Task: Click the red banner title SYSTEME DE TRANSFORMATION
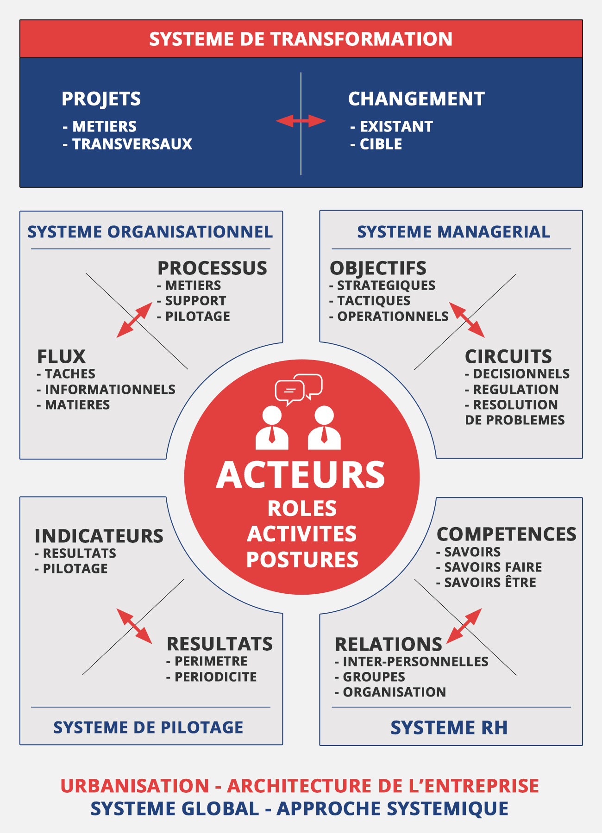click(301, 39)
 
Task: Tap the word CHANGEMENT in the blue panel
click(416, 99)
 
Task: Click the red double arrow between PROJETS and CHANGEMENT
click(301, 121)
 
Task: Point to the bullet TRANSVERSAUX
click(127, 144)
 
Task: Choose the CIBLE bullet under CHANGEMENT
click(376, 144)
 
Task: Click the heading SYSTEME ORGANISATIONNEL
click(150, 231)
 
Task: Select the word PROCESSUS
click(212, 268)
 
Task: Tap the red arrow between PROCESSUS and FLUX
click(134, 320)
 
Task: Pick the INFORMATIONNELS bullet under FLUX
click(106, 389)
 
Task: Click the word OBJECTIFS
click(378, 268)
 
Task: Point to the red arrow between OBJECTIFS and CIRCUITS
click(467, 320)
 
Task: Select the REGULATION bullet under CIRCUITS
click(512, 389)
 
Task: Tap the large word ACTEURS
click(301, 475)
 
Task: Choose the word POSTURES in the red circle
click(302, 559)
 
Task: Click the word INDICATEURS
click(99, 536)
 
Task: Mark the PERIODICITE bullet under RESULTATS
click(211, 677)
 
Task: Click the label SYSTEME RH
click(449, 727)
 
